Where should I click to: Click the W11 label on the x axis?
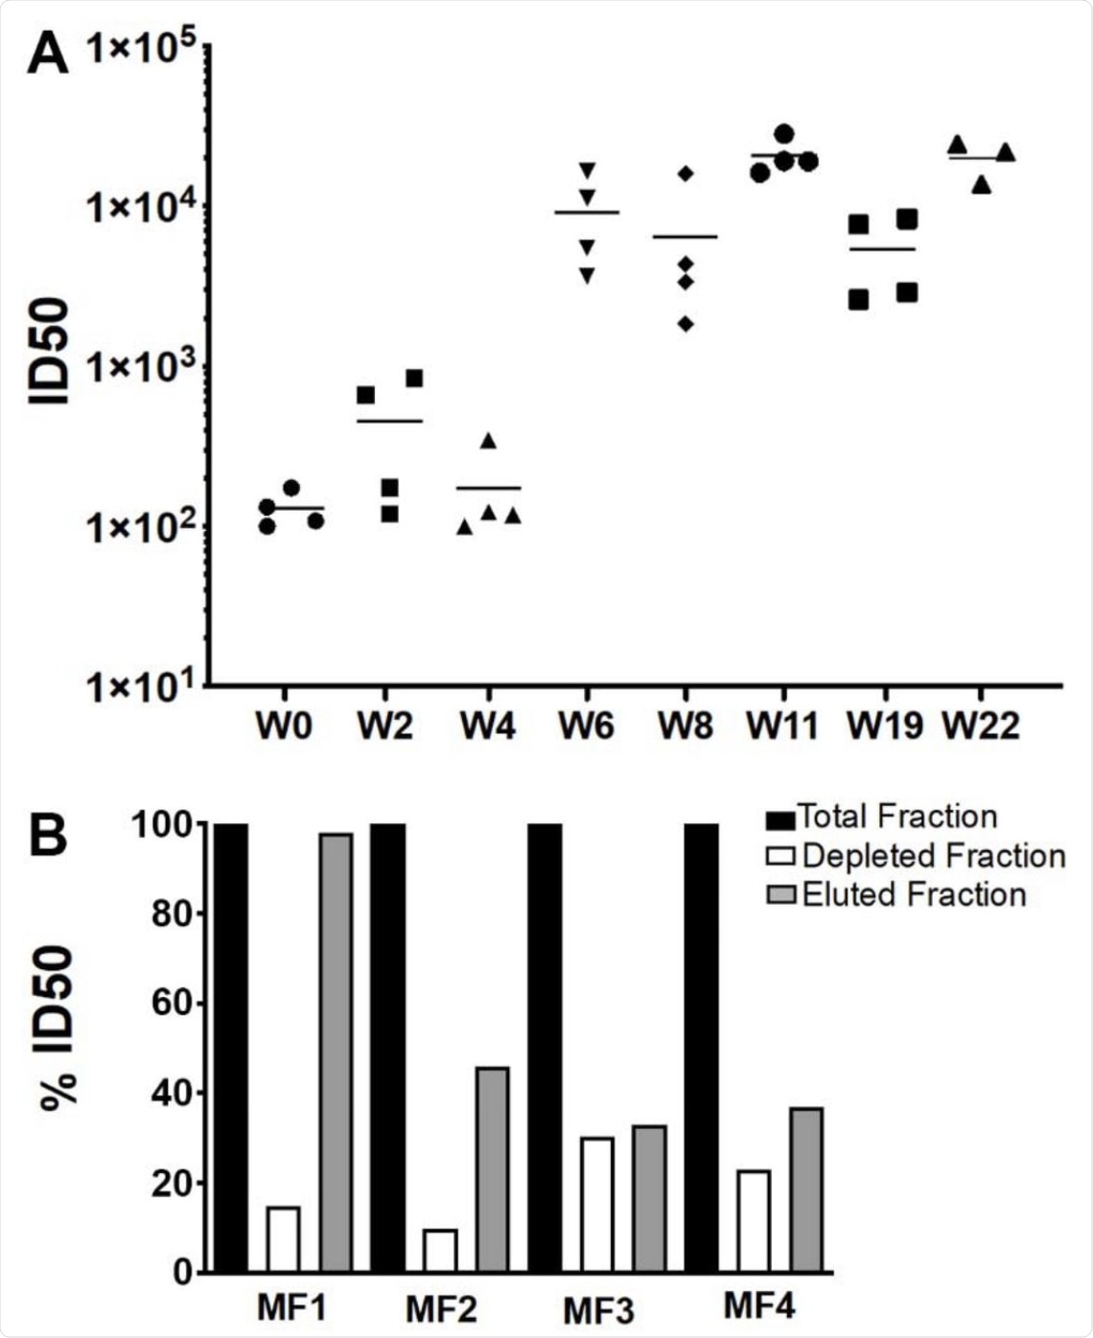783,727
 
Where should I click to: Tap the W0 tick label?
284,727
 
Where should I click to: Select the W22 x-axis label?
980,727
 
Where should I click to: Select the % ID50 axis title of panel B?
59,1027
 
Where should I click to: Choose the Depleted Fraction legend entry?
915,856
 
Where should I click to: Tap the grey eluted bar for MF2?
492,1169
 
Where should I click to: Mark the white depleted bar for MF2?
440,1250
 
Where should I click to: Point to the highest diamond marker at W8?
685,173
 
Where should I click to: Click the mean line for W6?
587,212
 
